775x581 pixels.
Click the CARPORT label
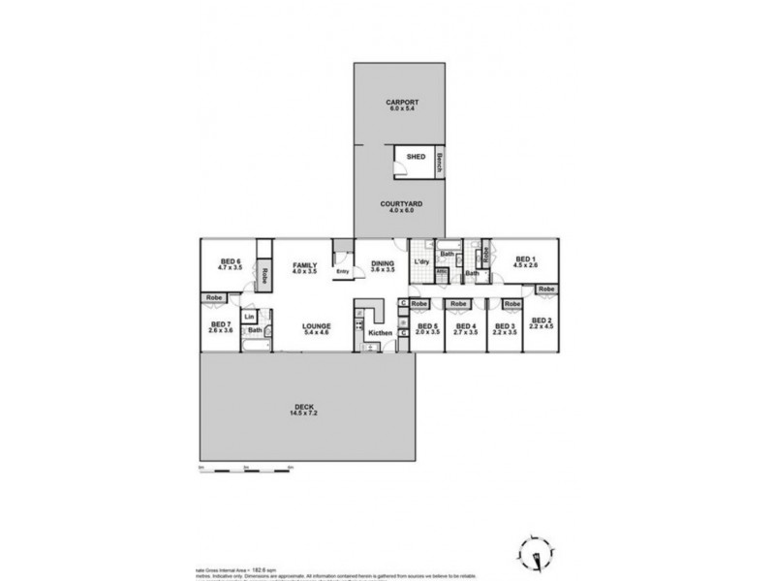click(x=401, y=104)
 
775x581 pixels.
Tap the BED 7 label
click(x=222, y=326)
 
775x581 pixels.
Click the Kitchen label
click(x=379, y=333)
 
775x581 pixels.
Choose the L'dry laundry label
click(x=421, y=263)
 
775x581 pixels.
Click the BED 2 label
click(x=542, y=322)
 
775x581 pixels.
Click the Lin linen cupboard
click(x=249, y=317)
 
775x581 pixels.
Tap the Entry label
click(x=343, y=272)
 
